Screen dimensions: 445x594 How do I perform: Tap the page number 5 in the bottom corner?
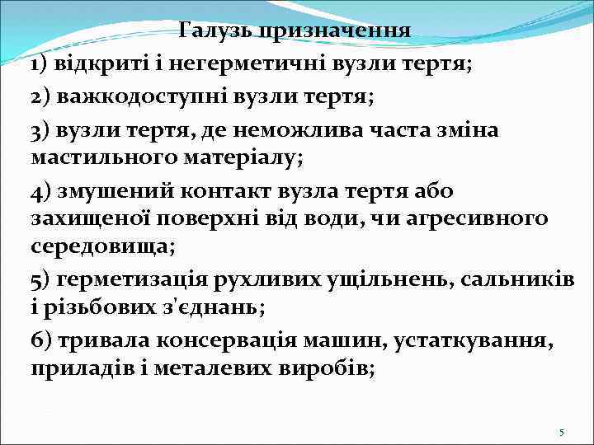561,432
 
